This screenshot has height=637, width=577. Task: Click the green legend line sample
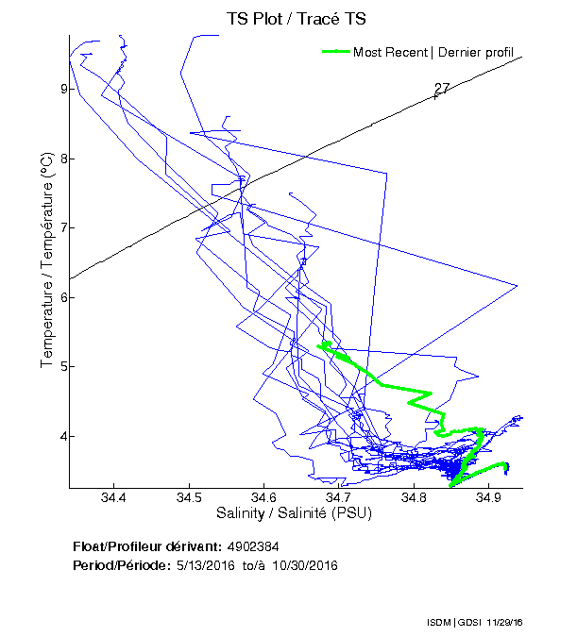pyautogui.click(x=336, y=52)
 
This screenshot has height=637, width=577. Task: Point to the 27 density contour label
pyautogui.click(x=442, y=89)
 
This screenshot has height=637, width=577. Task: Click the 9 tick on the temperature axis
pyautogui.click(x=62, y=89)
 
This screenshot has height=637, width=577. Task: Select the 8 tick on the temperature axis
pyautogui.click(x=62, y=159)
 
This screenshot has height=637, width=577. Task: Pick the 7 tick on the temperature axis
pyautogui.click(x=62, y=227)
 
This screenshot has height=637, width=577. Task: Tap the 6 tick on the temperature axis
pyautogui.click(x=62, y=297)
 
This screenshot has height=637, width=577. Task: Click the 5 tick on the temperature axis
pyautogui.click(x=62, y=366)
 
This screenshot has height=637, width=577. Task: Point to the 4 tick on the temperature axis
pyautogui.click(x=62, y=436)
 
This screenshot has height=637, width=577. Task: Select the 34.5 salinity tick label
pyautogui.click(x=188, y=498)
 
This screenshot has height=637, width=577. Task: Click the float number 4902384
pyautogui.click(x=252, y=546)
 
